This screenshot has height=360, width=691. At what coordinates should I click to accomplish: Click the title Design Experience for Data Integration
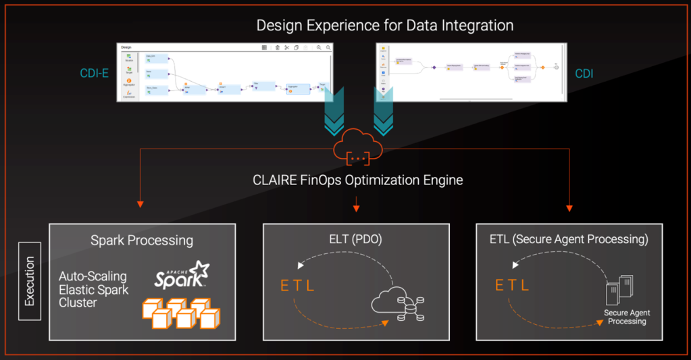(x=384, y=26)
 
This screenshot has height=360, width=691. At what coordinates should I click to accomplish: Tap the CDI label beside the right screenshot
(x=584, y=73)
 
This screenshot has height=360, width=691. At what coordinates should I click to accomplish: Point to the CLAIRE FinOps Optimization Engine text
(x=357, y=180)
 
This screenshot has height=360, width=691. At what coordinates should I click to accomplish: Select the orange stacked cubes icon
(x=180, y=312)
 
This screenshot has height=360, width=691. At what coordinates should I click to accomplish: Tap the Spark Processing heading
(x=142, y=240)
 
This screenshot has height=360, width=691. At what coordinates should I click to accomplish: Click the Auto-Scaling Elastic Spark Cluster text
(x=93, y=289)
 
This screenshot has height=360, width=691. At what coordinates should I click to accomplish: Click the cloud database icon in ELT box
(x=399, y=305)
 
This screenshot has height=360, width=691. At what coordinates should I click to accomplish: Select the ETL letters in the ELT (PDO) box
(x=298, y=285)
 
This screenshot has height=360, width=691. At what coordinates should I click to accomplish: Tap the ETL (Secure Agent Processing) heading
(x=569, y=239)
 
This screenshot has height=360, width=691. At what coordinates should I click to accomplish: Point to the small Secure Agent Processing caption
(x=628, y=317)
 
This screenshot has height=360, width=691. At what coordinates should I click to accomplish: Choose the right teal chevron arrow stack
(x=384, y=113)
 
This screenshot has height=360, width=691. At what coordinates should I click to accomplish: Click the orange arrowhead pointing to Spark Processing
(x=140, y=203)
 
